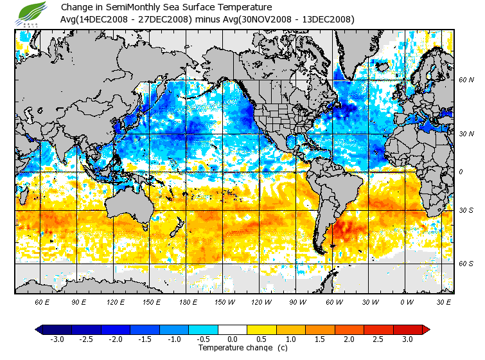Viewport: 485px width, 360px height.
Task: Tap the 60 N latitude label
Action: pos(466,80)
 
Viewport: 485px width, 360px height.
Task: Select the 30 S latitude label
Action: pos(466,210)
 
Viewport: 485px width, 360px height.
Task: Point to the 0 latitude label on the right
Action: pos(461,172)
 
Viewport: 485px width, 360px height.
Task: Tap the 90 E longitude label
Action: pos(79,301)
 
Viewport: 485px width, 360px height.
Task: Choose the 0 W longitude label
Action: pos(406,301)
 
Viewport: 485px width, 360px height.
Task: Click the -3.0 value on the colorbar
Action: pos(57,339)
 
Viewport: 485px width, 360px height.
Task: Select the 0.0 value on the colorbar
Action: pos(233,339)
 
